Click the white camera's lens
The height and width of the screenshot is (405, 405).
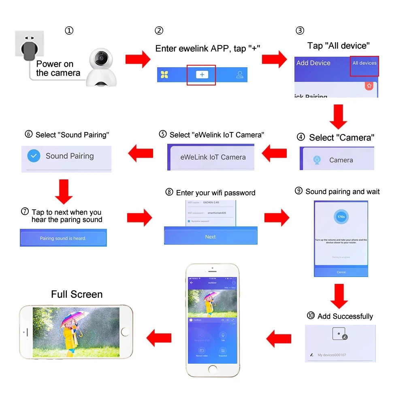pos(100,59)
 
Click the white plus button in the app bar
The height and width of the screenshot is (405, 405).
pos(202,75)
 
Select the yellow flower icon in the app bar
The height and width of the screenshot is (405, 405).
pos(164,75)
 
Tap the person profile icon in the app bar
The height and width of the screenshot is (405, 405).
pos(240,75)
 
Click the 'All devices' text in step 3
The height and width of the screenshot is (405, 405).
pos(364,63)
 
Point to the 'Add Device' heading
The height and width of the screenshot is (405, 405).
pos(313,63)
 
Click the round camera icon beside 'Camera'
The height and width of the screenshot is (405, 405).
pos(317,160)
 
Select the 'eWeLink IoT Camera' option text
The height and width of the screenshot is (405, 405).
pos(213,157)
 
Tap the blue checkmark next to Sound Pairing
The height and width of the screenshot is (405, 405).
pos(34,156)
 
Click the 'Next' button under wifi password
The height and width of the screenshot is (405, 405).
pos(211,237)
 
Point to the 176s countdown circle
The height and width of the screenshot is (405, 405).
pos(341,217)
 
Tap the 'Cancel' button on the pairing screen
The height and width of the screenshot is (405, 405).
pos(341,272)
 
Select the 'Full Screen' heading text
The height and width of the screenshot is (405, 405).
pos(77,294)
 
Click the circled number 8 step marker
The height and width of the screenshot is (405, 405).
pos(169,192)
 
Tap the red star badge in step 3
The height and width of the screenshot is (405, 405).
pos(369,86)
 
